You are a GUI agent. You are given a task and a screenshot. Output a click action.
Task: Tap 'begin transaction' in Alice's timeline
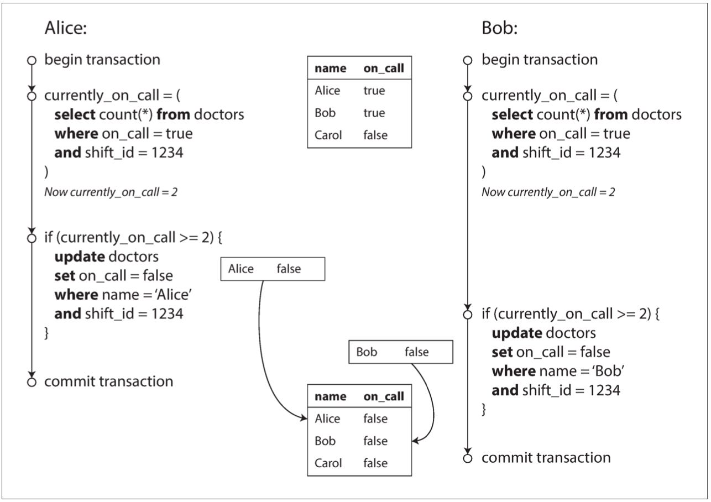102,60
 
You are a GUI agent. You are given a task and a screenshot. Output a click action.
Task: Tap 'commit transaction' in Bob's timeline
546,458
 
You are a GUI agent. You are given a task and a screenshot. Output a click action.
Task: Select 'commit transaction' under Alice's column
108,381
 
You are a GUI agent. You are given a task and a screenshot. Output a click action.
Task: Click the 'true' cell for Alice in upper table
374,91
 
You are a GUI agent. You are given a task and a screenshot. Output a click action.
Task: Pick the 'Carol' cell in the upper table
328,135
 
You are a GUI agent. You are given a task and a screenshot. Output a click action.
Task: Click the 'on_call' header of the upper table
383,69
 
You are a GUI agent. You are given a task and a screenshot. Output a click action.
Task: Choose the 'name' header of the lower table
330,396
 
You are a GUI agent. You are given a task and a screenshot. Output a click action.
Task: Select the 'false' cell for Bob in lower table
375,441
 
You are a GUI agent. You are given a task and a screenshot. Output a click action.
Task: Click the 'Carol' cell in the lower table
328,463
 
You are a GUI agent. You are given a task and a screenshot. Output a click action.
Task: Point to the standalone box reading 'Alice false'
273,269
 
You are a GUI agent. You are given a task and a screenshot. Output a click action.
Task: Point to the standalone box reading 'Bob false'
400,352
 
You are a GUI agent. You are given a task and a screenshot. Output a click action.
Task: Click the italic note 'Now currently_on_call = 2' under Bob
548,192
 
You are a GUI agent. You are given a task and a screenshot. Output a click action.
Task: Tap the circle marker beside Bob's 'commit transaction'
468,458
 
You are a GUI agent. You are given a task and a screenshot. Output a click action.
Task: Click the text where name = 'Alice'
123,295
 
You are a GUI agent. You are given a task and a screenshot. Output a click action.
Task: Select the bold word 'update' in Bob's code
516,333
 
